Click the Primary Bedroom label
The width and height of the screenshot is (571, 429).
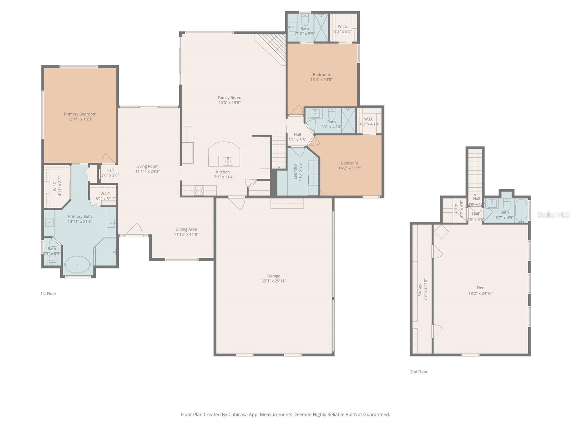pyautogui.click(x=80, y=114)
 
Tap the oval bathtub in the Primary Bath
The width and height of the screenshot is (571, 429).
pyautogui.click(x=78, y=265)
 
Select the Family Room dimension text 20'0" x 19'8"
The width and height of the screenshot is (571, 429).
pyautogui.click(x=229, y=103)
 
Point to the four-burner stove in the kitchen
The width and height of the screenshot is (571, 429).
pyautogui.click(x=199, y=190)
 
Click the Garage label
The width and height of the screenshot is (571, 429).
pyautogui.click(x=273, y=276)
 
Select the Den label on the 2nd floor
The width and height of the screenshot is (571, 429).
pyautogui.click(x=480, y=287)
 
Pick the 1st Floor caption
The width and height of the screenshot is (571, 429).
pyautogui.click(x=48, y=294)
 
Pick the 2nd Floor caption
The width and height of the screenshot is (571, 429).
pyautogui.click(x=419, y=372)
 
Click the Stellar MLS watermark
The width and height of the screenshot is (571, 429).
pyautogui.click(x=553, y=214)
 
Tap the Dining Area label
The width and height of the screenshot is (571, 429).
pyautogui.click(x=186, y=229)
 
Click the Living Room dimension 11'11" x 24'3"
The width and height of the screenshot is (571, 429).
pyautogui.click(x=147, y=171)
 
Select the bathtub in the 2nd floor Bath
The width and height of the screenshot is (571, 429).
pyautogui.click(x=521, y=211)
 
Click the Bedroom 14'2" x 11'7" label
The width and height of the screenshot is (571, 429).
pyautogui.click(x=349, y=163)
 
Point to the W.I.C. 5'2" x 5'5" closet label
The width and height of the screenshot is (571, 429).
pyautogui.click(x=343, y=26)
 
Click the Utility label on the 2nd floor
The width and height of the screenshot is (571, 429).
pyautogui.click(x=456, y=209)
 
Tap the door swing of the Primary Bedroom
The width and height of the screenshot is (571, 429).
pyautogui.click(x=108, y=159)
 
